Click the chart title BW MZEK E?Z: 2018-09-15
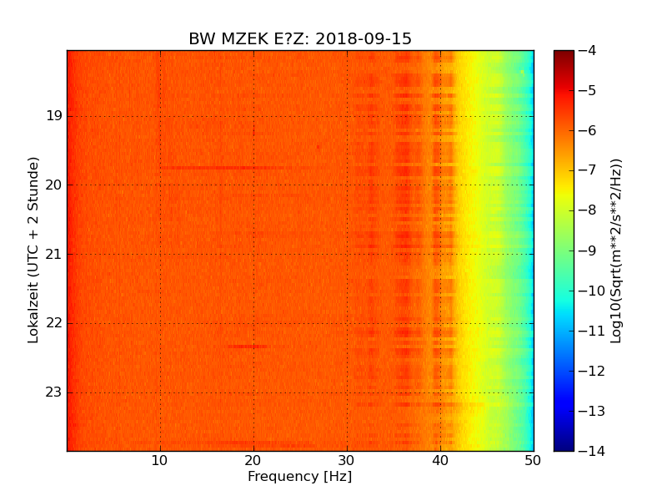pos(300,39)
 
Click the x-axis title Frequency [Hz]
pos(299,477)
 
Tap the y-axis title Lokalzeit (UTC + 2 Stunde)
pos(34,250)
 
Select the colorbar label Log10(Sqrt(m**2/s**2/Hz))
pos(616,250)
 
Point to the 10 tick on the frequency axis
pos(160,459)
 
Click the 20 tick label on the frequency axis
pos(253,459)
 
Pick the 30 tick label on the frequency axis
pos(347,459)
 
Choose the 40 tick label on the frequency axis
pos(440,459)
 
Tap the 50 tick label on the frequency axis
pos(533,459)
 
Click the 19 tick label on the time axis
pos(53,116)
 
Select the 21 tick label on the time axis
pos(53,254)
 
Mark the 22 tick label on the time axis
pos(53,323)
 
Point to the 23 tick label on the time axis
pos(53,392)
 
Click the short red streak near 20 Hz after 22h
pos(248,346)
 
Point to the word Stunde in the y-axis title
pos(34,181)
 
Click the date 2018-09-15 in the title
pos(364,39)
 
